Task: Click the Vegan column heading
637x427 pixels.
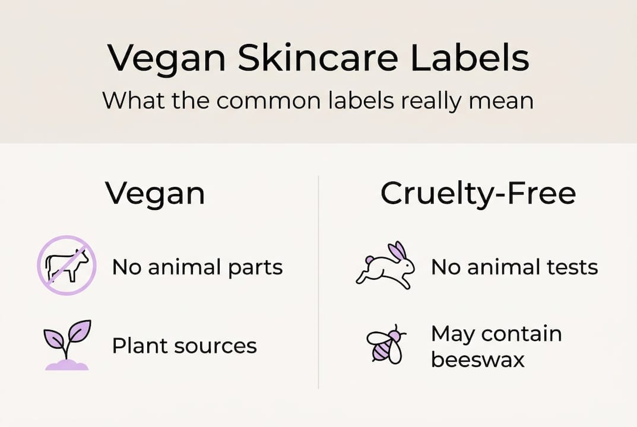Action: pos(155,194)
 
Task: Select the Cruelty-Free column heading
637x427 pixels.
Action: pos(478,194)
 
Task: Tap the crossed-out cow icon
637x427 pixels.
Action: pos(66,265)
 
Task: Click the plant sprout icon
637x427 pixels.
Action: pos(67,345)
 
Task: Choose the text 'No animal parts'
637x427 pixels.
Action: pos(197,267)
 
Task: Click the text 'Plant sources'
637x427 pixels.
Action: pos(184,346)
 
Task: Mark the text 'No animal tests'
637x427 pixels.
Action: pos(514,267)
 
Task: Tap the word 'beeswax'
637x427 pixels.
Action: pos(477,359)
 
